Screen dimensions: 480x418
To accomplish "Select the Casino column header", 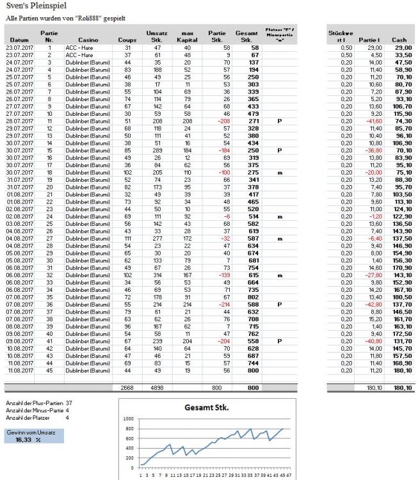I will [88, 39].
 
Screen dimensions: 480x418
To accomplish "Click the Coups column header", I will [127, 39].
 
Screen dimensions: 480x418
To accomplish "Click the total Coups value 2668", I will [128, 388].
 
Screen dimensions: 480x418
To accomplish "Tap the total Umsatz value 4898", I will [154, 388].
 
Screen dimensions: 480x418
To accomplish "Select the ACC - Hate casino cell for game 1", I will [79, 47].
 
